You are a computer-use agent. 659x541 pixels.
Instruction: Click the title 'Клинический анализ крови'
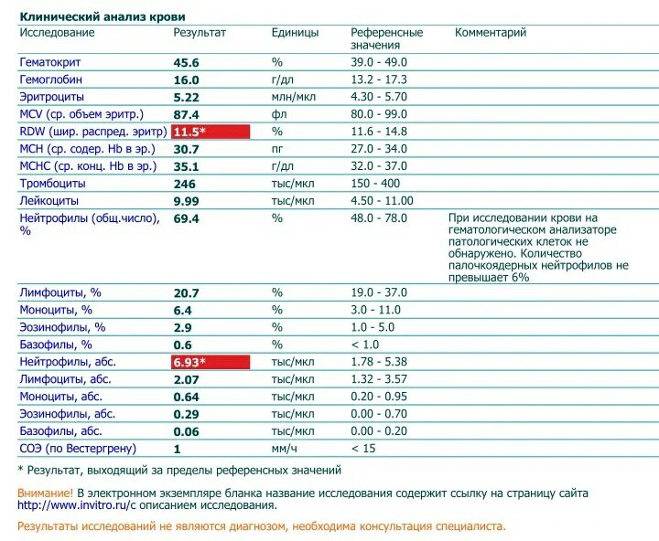point(102,16)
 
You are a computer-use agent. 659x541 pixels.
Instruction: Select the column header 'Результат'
point(200,33)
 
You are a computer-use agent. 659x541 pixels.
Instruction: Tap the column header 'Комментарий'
point(491,33)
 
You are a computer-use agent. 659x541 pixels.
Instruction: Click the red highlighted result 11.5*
point(211,132)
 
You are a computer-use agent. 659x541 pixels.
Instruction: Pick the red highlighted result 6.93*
point(211,362)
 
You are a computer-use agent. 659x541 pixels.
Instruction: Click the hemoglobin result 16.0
point(186,80)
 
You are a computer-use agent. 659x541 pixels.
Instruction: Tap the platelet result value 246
point(186,184)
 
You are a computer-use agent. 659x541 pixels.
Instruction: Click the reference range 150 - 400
point(376,184)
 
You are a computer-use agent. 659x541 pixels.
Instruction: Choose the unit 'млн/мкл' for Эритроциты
point(293,97)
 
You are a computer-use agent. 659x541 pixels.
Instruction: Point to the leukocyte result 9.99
point(187,201)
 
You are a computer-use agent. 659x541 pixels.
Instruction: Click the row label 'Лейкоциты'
point(49,201)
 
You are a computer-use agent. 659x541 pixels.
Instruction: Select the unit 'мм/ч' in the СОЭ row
point(284,449)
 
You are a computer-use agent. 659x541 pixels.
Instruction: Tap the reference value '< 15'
point(364,449)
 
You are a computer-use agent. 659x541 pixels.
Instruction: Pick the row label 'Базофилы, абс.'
point(60,431)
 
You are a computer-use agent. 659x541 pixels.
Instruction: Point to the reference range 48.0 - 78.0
point(379,218)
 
